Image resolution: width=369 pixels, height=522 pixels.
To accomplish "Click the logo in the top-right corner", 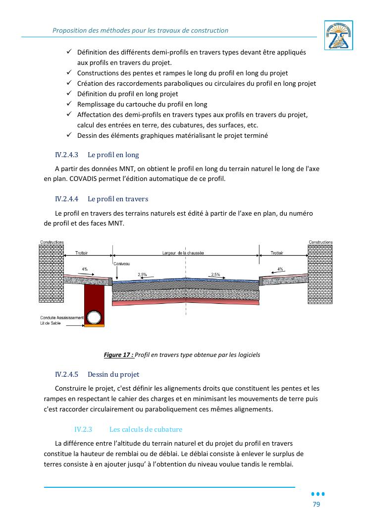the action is pos(338,35).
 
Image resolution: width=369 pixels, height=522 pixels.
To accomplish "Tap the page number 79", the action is pos(316,504).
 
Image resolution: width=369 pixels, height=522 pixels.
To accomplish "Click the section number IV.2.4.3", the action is pos(66,155).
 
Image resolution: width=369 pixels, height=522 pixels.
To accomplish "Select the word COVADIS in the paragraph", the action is pos(83,179).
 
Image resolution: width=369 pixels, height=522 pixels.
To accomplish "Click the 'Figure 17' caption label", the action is pos(119,355).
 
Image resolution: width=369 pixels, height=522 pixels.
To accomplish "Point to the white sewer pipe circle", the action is pos(94,317).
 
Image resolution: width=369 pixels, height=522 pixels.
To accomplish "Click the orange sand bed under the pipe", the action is pos(94,325).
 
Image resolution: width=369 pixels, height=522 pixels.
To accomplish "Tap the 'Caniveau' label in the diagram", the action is pos(122,264).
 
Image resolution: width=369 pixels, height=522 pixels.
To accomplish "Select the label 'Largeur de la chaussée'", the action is pos(183,253).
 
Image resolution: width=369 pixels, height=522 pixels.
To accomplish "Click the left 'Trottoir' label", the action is pos(81,253).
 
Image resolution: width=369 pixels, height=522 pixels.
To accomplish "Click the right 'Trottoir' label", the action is pos(277,253).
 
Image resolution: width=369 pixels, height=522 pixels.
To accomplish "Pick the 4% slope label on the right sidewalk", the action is pos(280,269).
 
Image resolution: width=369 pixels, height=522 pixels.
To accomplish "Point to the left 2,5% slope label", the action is pos(142,275).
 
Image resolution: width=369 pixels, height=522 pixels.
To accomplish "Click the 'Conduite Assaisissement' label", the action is pos(62,318).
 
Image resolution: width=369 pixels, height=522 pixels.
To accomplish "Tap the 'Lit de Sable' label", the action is pos(51,323).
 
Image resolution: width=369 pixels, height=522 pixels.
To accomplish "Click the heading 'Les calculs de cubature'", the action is pos(146,429).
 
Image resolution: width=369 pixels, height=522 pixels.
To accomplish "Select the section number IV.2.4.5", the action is pos(66,375).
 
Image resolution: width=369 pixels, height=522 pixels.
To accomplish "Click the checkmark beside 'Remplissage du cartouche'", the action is pos(69,104).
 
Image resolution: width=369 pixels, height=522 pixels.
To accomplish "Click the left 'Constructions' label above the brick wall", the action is pos(52,242).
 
